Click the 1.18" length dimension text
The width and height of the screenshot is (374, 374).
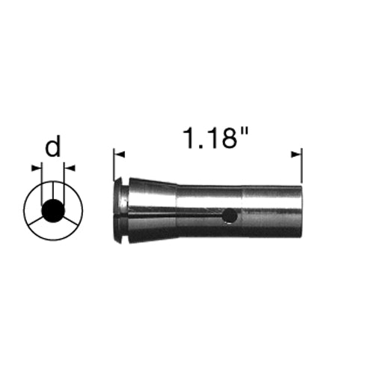pos(216,138)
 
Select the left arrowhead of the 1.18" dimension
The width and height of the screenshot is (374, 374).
pos(119,155)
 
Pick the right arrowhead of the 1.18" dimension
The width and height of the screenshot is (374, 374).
pos(296,155)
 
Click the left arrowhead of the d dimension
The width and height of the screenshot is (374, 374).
pos(37,168)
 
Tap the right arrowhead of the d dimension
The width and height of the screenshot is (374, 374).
pos(70,168)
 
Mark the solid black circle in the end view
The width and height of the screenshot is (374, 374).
pos(53,211)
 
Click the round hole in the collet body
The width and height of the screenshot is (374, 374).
pos(230,215)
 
